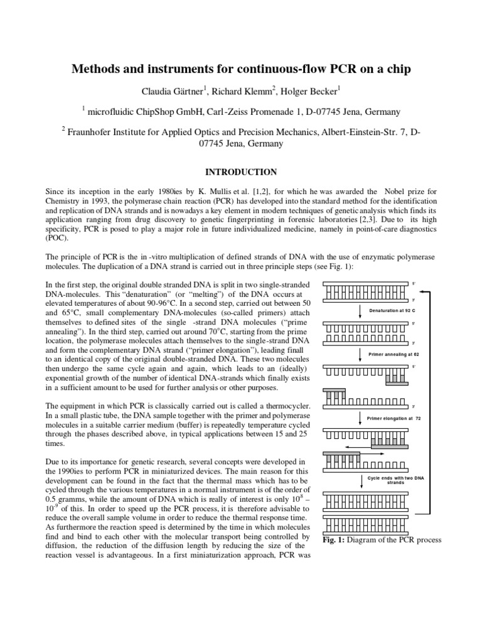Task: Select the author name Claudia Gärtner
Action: click(x=172, y=91)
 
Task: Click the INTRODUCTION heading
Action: click(x=242, y=171)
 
